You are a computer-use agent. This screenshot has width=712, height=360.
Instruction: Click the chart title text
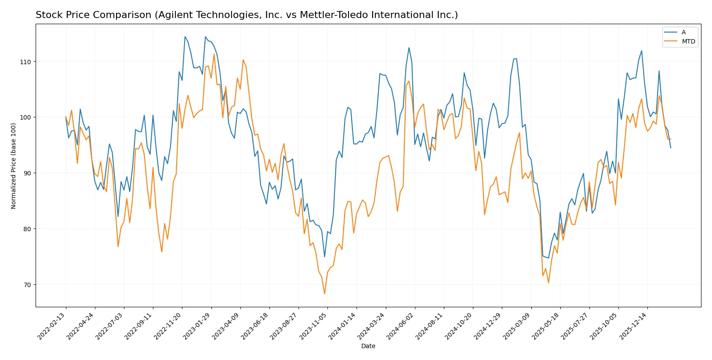pyautogui.click(x=247, y=15)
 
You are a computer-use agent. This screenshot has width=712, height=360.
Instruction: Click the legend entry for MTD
pyautogui.click(x=688, y=42)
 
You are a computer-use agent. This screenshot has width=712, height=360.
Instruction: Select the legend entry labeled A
pyautogui.click(x=683, y=32)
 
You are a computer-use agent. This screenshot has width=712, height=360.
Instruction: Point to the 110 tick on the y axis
pyautogui.click(x=25, y=62)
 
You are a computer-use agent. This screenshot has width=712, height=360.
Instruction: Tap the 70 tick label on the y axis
pyautogui.click(x=27, y=285)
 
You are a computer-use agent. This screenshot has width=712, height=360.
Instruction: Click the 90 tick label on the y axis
pyautogui.click(x=27, y=173)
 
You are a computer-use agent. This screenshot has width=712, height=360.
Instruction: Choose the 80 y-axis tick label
pyautogui.click(x=27, y=229)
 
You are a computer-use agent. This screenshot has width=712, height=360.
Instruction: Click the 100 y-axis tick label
pyautogui.click(x=25, y=117)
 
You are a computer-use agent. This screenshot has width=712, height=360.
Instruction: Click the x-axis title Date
pyautogui.click(x=368, y=346)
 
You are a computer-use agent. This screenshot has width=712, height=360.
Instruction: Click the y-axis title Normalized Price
pyautogui.click(x=14, y=166)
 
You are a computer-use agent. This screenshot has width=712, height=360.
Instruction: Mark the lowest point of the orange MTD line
pyautogui.click(x=325, y=294)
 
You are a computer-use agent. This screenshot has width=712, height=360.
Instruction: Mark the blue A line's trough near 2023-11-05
pyautogui.click(x=325, y=257)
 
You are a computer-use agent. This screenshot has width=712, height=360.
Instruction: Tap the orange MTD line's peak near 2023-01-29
pyautogui.click(x=214, y=54)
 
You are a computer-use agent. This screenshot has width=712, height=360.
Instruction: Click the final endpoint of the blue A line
pyautogui.click(x=671, y=148)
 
